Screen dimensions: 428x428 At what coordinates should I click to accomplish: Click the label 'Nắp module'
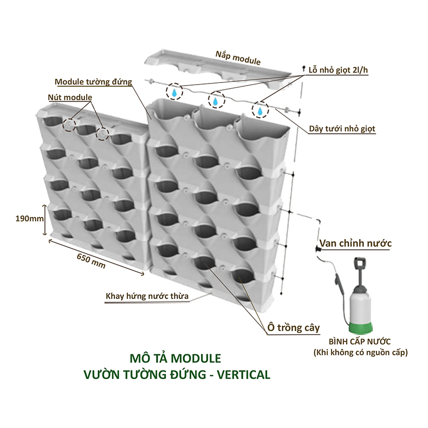point(237,57)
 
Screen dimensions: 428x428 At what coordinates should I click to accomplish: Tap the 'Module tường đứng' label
point(93,82)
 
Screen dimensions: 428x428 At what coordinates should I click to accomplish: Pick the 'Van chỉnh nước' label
point(356,243)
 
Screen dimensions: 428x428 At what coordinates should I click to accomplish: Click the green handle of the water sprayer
point(359,265)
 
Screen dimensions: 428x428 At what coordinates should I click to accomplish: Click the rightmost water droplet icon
point(259,110)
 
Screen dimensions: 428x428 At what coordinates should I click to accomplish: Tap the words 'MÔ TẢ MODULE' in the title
point(174,359)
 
